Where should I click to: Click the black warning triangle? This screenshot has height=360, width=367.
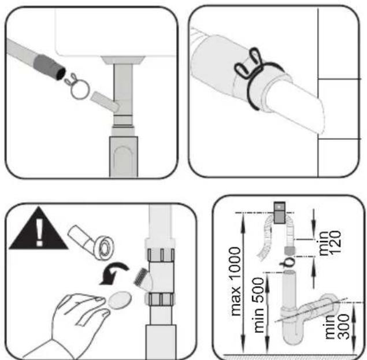pyautogui.click(x=39, y=231)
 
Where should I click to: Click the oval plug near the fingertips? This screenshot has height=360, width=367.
pyautogui.click(x=120, y=300)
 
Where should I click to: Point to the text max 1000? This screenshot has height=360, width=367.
pyautogui.click(x=235, y=281)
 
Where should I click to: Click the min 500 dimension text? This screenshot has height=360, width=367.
pyautogui.click(x=258, y=305)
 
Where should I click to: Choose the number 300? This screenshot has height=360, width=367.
pyautogui.click(x=344, y=326)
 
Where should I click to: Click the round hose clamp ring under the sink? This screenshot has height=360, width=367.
pyautogui.click(x=81, y=90)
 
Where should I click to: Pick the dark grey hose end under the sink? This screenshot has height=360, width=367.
pyautogui.click(x=50, y=67)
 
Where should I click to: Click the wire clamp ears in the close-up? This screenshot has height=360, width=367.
pyautogui.click(x=248, y=63)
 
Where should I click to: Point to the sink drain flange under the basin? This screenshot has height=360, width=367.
pyautogui.click(x=123, y=60)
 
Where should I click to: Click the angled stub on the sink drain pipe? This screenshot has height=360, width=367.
pyautogui.click(x=105, y=101)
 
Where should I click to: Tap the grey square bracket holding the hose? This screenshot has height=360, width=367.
pyautogui.click(x=280, y=212)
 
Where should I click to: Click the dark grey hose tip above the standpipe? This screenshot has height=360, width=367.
pyautogui.click(x=290, y=251)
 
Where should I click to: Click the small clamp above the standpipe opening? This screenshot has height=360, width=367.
pyautogui.click(x=288, y=262)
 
